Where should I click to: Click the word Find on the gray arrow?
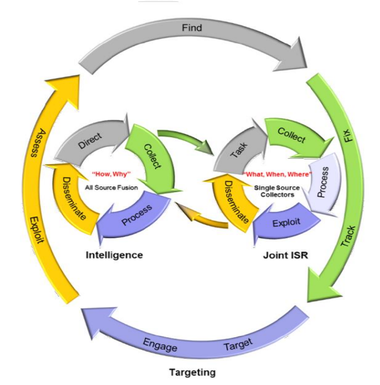tap(192, 27)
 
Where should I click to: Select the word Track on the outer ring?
tap(348, 236)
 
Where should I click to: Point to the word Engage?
tap(160, 344)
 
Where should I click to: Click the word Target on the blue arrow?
tap(238, 344)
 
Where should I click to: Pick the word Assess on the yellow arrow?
tap(38, 143)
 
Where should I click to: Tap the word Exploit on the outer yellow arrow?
tap(37, 230)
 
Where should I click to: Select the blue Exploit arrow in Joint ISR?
tap(286, 223)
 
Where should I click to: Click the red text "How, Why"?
tap(112, 174)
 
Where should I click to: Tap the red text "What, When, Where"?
tap(277, 175)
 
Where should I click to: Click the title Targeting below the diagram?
tap(193, 372)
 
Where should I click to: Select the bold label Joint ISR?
tap(285, 255)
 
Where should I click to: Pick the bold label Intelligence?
tap(114, 255)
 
